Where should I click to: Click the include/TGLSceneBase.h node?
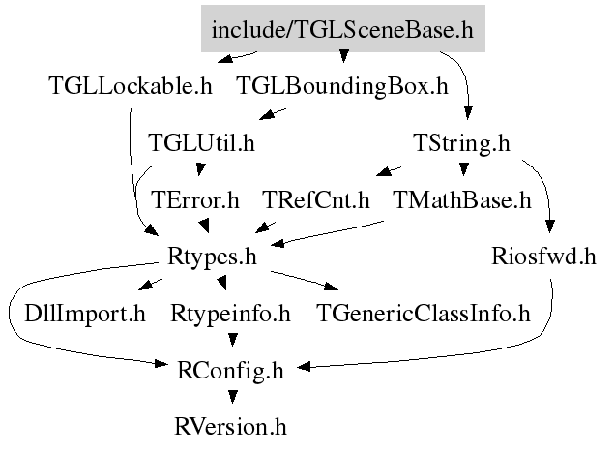tap(343, 29)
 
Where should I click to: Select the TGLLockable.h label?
tap(131, 85)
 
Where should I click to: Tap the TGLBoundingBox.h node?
tap(342, 85)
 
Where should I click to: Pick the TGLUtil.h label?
tap(201, 142)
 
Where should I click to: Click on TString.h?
tap(461, 142)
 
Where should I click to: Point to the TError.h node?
tap(195, 199)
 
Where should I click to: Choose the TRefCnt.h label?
tap(316, 199)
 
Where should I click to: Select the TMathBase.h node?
tap(462, 199)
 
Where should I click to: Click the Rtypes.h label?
tap(212, 257)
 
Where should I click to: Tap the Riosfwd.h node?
tap(544, 257)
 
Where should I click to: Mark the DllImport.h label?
tap(85, 314)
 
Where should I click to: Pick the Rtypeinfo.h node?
tap(230, 314)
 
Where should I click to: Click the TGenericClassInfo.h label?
tap(424, 314)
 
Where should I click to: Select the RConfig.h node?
tap(230, 371)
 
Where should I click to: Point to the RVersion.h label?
tap(230, 427)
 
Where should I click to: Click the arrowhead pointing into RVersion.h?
tap(233, 397)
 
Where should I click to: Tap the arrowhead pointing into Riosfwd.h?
tap(550, 227)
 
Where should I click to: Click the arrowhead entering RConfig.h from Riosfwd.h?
tap(304, 367)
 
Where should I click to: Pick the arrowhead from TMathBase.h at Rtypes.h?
tap(278, 243)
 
